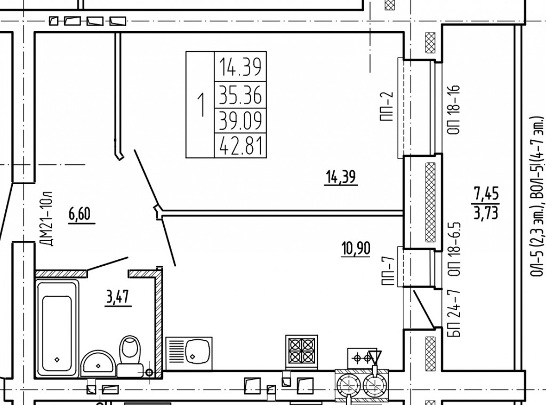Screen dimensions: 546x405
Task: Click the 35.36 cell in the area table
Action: tap(240, 95)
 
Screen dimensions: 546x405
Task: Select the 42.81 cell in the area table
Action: tap(240, 145)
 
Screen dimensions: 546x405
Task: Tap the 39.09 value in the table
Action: tap(240, 121)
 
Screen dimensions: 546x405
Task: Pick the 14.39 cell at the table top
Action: tap(240, 67)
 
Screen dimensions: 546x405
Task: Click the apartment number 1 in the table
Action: tap(201, 105)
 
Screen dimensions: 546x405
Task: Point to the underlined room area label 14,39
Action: tap(341, 177)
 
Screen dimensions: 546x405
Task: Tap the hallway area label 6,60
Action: tap(80, 214)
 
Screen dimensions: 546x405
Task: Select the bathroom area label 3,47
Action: tap(118, 297)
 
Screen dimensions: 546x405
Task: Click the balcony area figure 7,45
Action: tap(486, 194)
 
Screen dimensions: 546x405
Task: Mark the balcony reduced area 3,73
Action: tap(486, 212)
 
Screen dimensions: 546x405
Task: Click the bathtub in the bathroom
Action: tap(58, 328)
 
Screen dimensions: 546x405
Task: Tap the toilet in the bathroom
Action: tap(130, 355)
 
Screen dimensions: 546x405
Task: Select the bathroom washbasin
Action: tap(98, 363)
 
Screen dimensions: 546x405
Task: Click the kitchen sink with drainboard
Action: tap(189, 353)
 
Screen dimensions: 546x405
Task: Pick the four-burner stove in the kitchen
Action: tap(302, 351)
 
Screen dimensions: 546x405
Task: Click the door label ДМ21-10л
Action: tap(47, 219)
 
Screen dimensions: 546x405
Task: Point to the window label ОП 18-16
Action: tap(454, 109)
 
